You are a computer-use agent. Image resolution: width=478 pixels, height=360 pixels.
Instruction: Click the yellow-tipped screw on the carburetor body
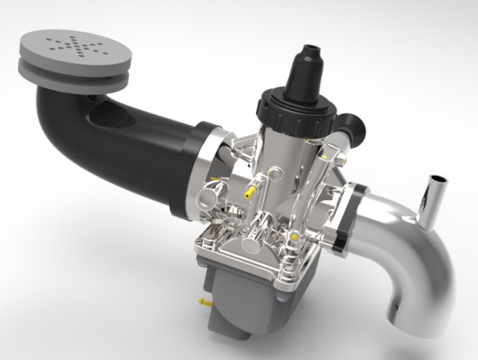pyautogui.click(x=250, y=192)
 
